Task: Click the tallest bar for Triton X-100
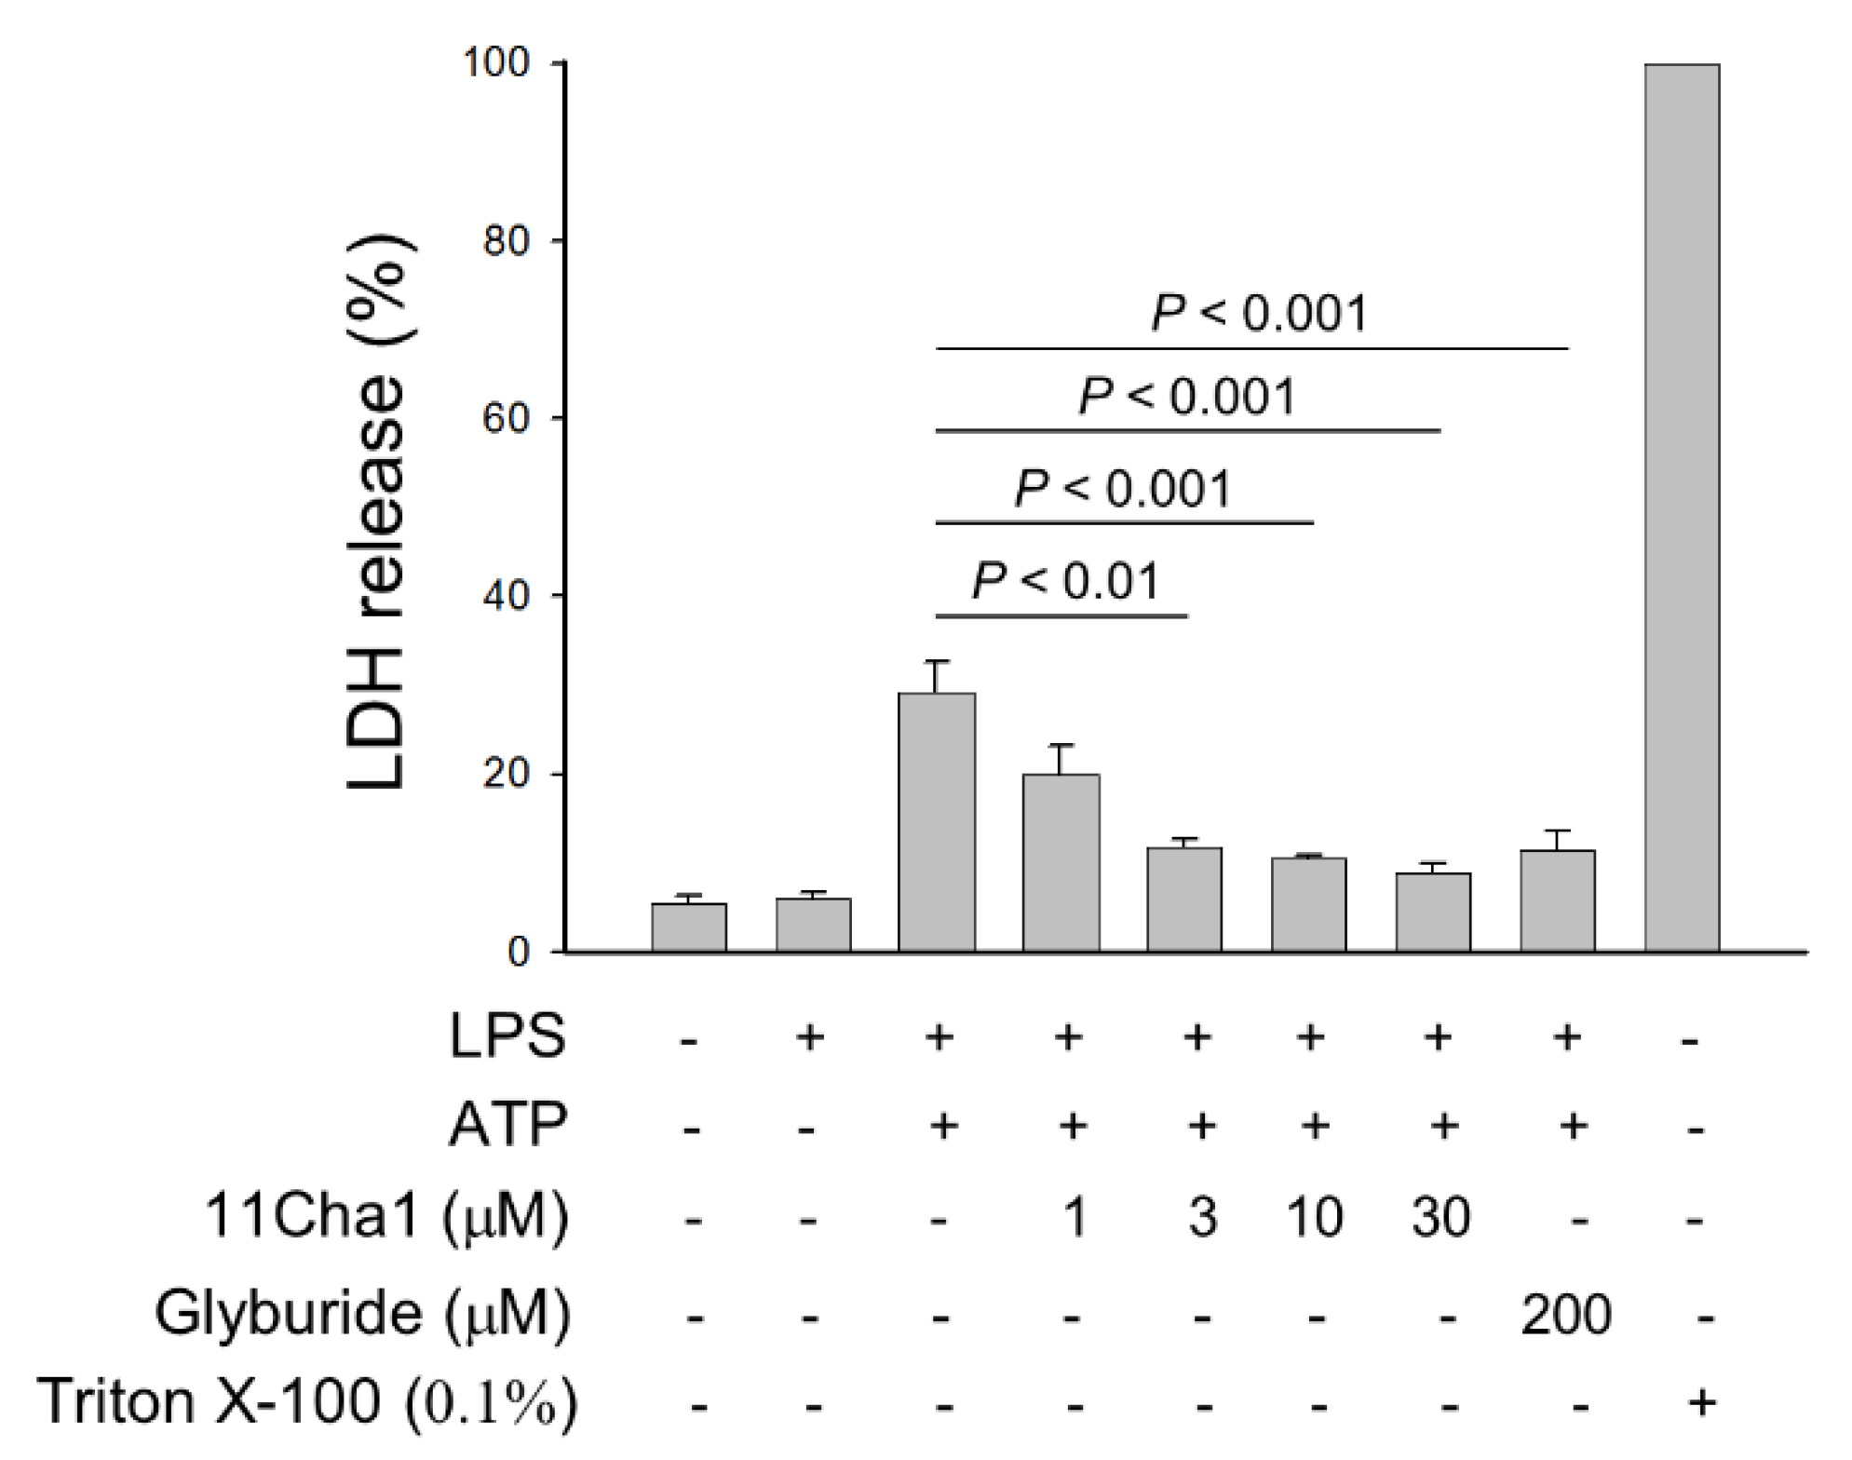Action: coord(1682,507)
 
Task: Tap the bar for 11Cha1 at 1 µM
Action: coord(1061,863)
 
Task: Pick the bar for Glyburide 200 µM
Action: coord(1558,900)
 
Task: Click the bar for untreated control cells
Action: coord(689,927)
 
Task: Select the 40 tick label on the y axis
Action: coord(506,596)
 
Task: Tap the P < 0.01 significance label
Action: coord(1066,582)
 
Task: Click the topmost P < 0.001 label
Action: coord(1260,313)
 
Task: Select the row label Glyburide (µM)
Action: coord(361,1314)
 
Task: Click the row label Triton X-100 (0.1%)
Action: coord(307,1401)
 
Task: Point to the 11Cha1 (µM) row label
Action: coord(385,1217)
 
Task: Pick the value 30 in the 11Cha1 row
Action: coord(1440,1217)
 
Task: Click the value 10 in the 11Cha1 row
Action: coord(1314,1217)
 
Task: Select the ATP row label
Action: coord(507,1127)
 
